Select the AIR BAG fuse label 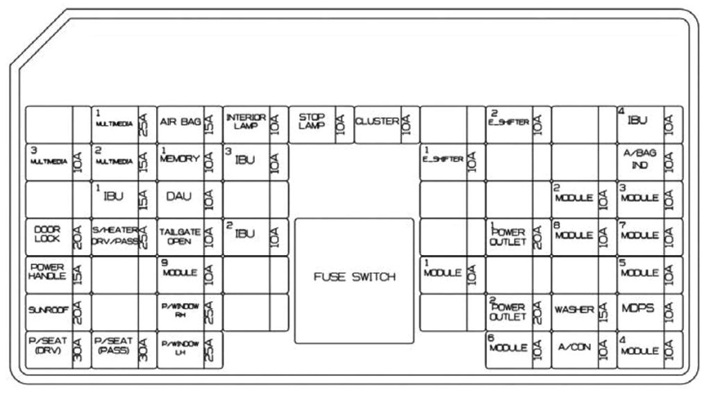click(180, 123)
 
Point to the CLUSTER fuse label click(376, 122)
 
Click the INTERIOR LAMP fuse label click(245, 122)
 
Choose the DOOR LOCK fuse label click(47, 234)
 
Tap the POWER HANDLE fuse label click(47, 272)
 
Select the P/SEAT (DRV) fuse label click(47, 346)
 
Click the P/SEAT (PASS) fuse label click(112, 346)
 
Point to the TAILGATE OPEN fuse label click(179, 236)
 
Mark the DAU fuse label click(178, 197)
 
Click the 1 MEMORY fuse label click(179, 158)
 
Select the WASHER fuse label click(574, 310)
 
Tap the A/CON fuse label click(574, 347)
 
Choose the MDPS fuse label click(639, 309)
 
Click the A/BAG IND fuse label click(639, 161)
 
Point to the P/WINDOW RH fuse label click(179, 310)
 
